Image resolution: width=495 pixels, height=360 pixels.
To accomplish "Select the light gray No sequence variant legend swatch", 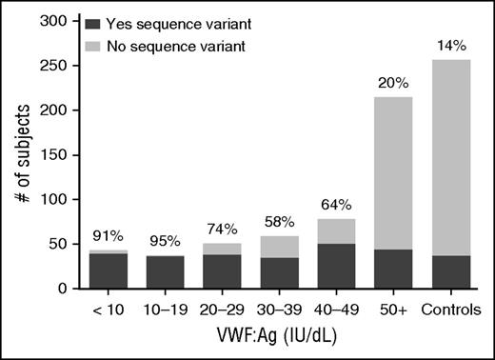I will [x=93, y=44].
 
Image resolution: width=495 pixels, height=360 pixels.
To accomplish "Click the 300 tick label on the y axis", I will [x=57, y=21].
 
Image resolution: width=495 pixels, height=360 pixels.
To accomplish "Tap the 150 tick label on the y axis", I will [x=57, y=154].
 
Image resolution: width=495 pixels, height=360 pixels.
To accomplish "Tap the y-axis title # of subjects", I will [x=20, y=154].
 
